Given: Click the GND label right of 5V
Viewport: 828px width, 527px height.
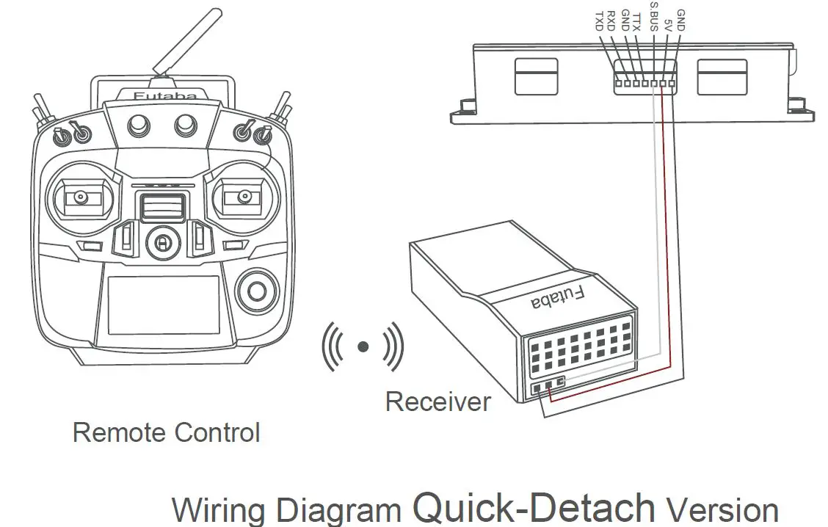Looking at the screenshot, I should click(680, 21).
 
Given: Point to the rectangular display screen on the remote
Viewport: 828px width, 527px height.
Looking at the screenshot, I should click(163, 306).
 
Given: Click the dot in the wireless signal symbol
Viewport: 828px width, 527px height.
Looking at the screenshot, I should click(363, 346).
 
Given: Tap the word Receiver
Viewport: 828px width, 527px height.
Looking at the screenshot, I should click(437, 401).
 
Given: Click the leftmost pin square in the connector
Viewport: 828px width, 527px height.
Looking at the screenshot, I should click(618, 84).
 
